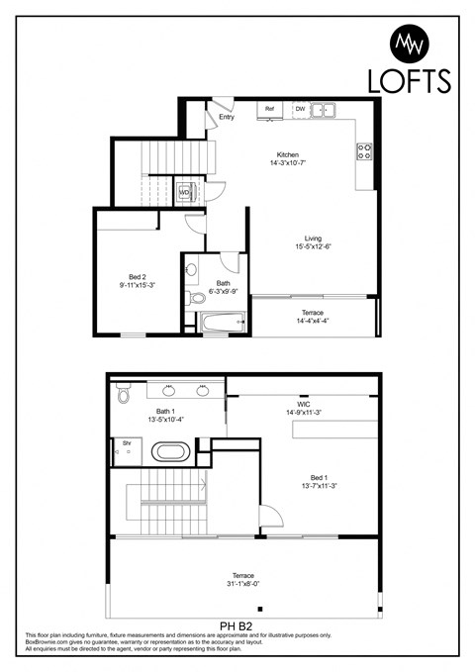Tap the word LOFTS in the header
coord(409,80)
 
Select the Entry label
coord(227,117)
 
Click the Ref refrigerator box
coord(269,109)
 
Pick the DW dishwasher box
coord(300,109)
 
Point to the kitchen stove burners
coord(364,151)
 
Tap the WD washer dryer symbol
coord(185,192)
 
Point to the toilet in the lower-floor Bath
coord(196,296)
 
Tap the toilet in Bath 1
coord(123,395)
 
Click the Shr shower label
coord(126,442)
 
